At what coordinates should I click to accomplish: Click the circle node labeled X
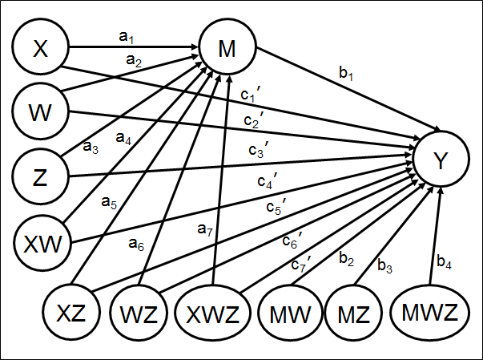point(40,50)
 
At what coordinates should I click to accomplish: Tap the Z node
point(40,174)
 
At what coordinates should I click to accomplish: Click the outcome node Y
point(439,161)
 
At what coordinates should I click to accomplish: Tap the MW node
point(290,310)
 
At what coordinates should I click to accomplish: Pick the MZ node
point(352,310)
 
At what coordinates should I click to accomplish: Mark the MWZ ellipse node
point(430,310)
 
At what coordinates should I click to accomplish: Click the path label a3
point(91,148)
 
